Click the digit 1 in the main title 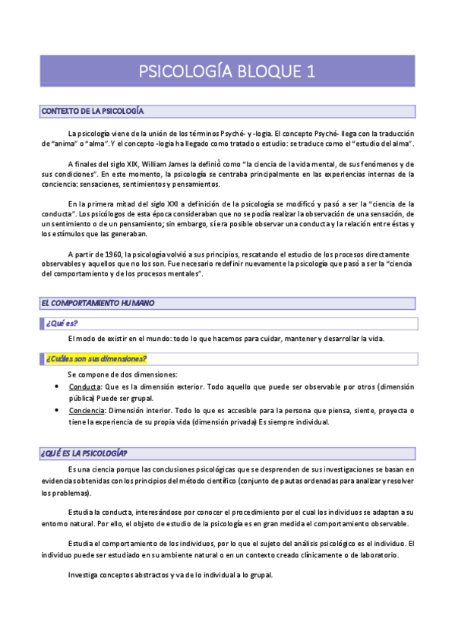(x=309, y=71)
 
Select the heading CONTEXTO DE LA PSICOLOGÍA (x=92, y=112)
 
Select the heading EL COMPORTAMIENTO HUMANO (x=97, y=303)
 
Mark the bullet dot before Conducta (x=59, y=387)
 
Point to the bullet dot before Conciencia (x=59, y=411)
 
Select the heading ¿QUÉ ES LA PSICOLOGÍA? (x=84, y=453)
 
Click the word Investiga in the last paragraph (x=84, y=574)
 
